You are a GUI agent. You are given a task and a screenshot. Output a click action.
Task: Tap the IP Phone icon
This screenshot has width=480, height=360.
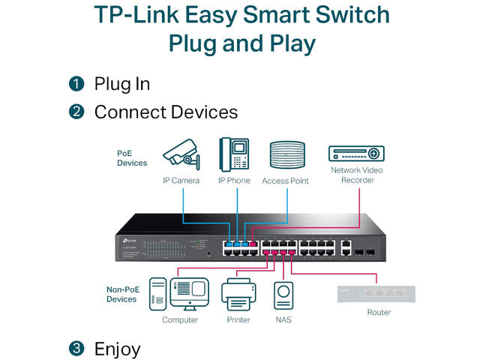click(x=234, y=154)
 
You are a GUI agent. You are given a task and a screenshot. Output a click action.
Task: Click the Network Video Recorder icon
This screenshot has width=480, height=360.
click(x=357, y=152)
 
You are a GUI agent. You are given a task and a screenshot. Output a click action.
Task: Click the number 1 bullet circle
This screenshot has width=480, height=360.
click(x=76, y=84)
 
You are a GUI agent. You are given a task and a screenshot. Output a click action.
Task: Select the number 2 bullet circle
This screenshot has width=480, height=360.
click(x=76, y=112)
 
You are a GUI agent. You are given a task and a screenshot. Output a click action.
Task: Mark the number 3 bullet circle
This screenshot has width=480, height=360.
click(x=76, y=349)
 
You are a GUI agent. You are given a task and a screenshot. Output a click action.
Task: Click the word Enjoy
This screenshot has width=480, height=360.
click(x=117, y=349)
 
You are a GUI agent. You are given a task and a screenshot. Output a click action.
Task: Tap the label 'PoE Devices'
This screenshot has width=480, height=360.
click(x=132, y=157)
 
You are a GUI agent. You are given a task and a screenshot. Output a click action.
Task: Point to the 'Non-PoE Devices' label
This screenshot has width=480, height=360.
click(x=121, y=293)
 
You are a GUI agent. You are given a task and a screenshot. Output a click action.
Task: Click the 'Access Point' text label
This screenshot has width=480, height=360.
click(x=285, y=181)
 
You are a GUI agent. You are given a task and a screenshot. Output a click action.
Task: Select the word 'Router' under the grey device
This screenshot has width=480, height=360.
click(x=379, y=312)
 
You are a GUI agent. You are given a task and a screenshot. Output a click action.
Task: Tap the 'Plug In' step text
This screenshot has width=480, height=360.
click(x=121, y=84)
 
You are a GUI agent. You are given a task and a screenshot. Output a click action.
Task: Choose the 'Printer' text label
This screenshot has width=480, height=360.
click(x=239, y=319)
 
